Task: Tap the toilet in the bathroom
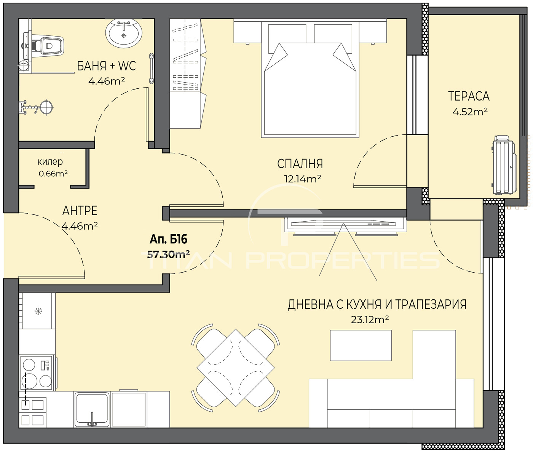pyautogui.click(x=44, y=46)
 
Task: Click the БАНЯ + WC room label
pyautogui.click(x=106, y=66)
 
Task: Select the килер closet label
pyautogui.click(x=50, y=162)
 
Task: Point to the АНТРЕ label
pyautogui.click(x=80, y=211)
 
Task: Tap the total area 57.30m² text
pyautogui.click(x=168, y=255)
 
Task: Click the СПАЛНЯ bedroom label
pyautogui.click(x=300, y=164)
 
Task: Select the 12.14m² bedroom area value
pyautogui.click(x=302, y=179)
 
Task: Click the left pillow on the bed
pyautogui.click(x=287, y=36)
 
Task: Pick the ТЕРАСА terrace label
pyautogui.click(x=469, y=96)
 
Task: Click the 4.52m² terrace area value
pyautogui.click(x=470, y=112)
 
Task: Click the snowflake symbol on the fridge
pyautogui.click(x=38, y=311)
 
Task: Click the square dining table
pyautogui.click(x=235, y=368)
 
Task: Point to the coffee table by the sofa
pyautogui.click(x=361, y=345)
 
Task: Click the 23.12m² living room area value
pyautogui.click(x=370, y=320)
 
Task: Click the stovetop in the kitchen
pyautogui.click(x=37, y=373)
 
